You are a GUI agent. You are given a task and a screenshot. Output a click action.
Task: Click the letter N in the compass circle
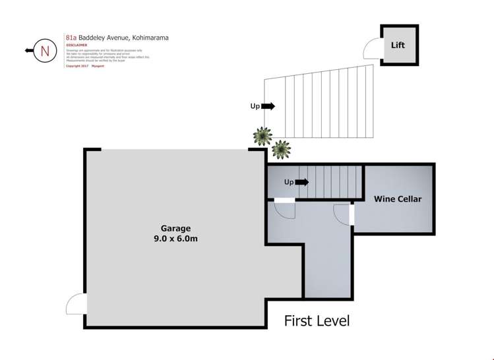[45, 50]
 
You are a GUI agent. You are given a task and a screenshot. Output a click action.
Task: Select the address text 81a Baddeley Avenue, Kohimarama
[117, 38]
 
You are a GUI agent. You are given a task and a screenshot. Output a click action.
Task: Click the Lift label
[398, 45]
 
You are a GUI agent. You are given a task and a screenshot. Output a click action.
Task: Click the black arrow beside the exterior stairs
[268, 105]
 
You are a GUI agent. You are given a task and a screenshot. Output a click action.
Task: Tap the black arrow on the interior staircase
[302, 182]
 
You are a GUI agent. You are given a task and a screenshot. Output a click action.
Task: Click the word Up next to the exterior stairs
[254, 105]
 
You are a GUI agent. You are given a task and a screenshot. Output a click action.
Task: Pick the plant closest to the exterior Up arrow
[262, 136]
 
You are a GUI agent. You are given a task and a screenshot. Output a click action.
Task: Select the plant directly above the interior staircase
[282, 150]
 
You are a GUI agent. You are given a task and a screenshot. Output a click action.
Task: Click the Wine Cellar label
[397, 198]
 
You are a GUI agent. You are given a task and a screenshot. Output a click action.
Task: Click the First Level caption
[317, 321]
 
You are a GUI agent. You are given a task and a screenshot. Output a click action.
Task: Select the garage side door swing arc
[75, 304]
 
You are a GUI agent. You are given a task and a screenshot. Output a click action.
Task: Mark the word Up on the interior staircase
[288, 182]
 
